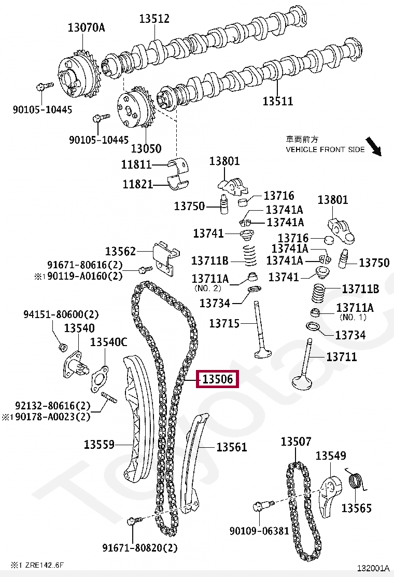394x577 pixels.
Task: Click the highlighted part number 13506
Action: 217,379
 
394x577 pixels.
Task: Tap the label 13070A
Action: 86,28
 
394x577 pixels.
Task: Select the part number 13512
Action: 154,19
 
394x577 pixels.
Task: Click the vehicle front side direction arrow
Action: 374,147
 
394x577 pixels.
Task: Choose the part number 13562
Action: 120,251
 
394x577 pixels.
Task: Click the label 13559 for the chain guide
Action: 99,444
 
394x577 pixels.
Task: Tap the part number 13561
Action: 232,447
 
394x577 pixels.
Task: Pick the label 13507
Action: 296,442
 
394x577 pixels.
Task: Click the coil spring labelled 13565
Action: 355,482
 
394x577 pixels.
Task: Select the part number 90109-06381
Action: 259,531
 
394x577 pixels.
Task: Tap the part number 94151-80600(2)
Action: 61,314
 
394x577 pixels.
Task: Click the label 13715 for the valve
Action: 224,324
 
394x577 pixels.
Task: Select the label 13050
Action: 146,148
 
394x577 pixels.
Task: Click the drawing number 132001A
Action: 372,568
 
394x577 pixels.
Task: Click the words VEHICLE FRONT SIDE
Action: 325,149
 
